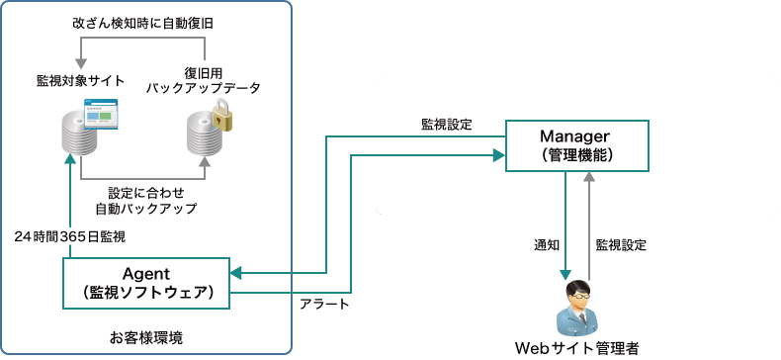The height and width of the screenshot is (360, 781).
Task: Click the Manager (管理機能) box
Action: [x=576, y=144]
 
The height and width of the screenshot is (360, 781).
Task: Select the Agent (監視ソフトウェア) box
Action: [x=146, y=283]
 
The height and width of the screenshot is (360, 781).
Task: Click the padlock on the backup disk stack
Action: [x=224, y=119]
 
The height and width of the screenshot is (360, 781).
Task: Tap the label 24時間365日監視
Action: [x=70, y=237]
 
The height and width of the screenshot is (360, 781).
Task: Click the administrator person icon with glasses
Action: [x=577, y=309]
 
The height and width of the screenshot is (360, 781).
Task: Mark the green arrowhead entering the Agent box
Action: [x=236, y=273]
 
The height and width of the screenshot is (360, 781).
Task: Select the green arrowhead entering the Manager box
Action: [x=499, y=154]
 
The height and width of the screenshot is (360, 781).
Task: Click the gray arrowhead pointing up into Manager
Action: [x=590, y=178]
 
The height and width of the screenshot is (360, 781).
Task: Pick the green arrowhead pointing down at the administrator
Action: [x=564, y=274]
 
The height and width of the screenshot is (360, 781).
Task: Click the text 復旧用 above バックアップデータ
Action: [x=204, y=73]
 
